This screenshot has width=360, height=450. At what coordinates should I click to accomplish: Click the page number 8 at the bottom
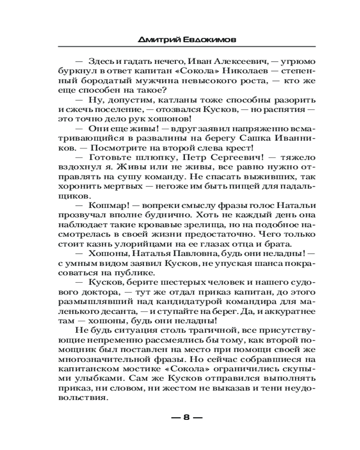[186, 418]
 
